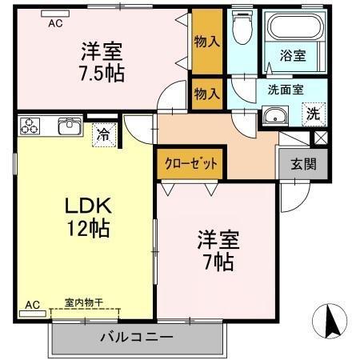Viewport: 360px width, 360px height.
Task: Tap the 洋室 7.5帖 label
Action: pyautogui.click(x=102, y=60)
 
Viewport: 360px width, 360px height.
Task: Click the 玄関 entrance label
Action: pyautogui.click(x=302, y=165)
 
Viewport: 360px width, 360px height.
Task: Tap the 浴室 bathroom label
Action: pyautogui.click(x=294, y=55)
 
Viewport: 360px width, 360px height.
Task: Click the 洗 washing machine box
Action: pyautogui.click(x=314, y=113)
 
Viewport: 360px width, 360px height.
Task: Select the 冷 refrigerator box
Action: pyautogui.click(x=103, y=135)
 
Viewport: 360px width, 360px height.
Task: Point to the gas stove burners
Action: pyautogui.click(x=31, y=126)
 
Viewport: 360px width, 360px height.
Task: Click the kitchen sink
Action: pyautogui.click(x=69, y=126)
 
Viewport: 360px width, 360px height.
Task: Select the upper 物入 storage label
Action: pyautogui.click(x=207, y=41)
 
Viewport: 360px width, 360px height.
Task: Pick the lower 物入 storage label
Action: pyautogui.click(x=207, y=93)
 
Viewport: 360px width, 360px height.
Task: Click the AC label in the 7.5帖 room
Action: pyautogui.click(x=55, y=23)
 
